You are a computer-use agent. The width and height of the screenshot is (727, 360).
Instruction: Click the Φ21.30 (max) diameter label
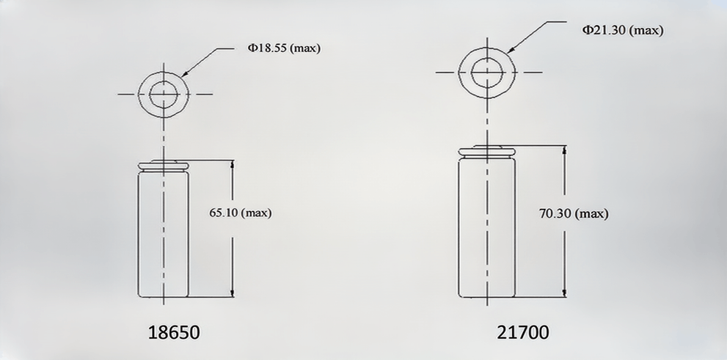(623, 30)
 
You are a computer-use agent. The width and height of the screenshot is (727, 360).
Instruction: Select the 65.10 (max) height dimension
(241, 213)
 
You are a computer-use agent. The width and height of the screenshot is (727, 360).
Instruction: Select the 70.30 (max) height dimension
(574, 214)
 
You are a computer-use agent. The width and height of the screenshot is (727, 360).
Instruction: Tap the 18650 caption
(174, 333)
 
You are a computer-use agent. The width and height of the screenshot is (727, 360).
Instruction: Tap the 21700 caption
(522, 333)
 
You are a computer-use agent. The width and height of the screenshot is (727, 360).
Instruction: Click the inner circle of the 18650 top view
(165, 94)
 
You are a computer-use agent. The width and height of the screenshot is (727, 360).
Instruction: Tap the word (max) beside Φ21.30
(646, 30)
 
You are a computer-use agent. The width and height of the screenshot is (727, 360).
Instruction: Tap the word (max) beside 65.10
(257, 213)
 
